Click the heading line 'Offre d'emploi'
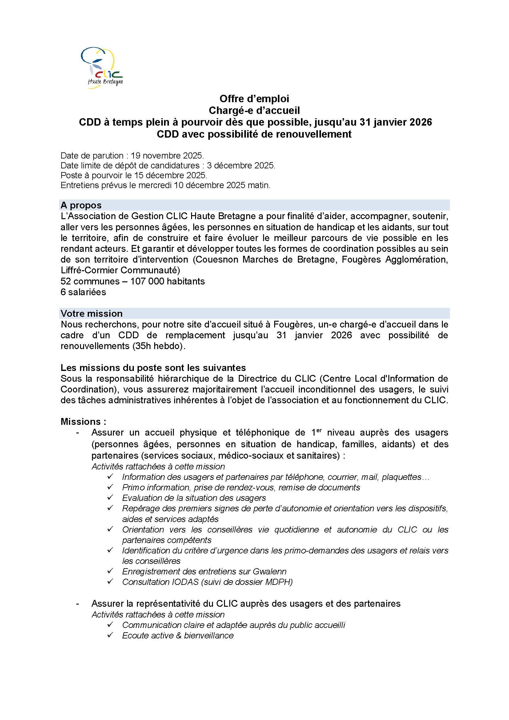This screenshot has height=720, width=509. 254,99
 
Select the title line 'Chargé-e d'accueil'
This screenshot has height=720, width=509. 254,111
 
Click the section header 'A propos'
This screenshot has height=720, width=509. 81,205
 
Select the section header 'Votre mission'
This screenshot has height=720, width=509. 91,313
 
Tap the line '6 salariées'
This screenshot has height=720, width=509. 83,292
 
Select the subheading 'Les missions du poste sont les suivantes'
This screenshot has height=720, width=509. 153,368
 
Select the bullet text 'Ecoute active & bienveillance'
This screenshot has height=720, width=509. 178,635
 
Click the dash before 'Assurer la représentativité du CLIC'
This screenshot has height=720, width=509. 78,604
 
